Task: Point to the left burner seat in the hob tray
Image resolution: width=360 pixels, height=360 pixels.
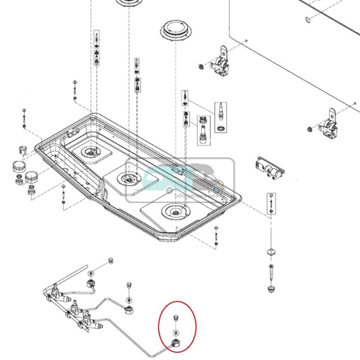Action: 91,152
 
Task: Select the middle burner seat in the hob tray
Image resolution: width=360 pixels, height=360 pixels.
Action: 129,179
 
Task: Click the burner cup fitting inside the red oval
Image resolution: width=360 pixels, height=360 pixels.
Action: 174,343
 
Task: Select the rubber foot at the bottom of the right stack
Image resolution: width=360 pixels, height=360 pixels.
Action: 271,288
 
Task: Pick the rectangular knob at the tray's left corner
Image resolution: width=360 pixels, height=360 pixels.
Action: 21,148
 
